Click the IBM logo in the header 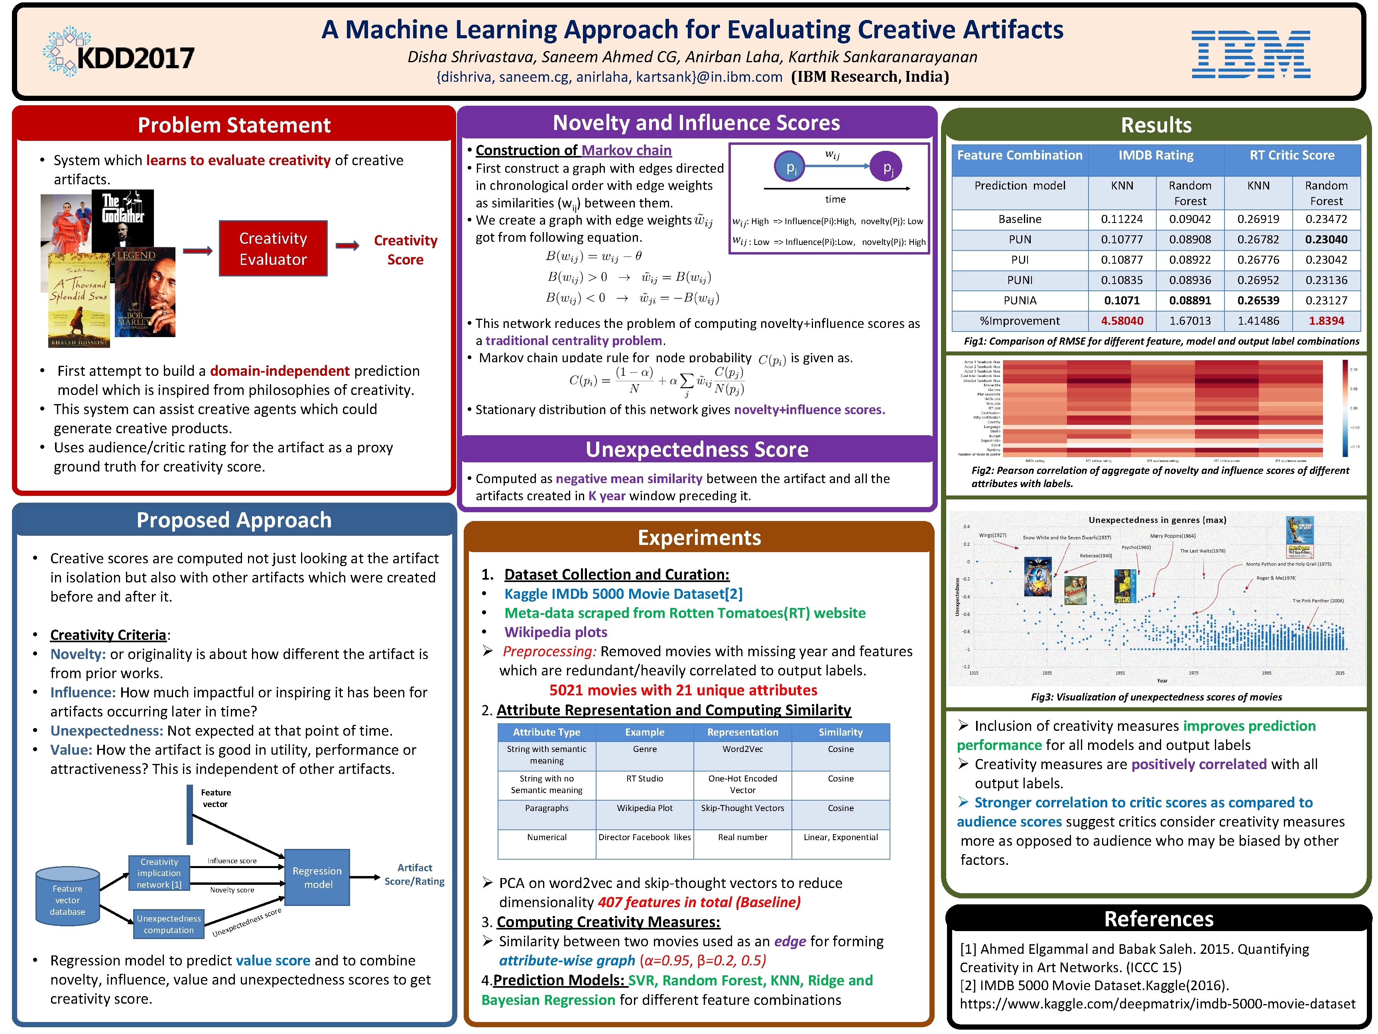[x=1250, y=54]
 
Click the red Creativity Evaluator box [x=273, y=249]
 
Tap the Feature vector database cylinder [x=67, y=900]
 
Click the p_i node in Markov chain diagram [x=790, y=167]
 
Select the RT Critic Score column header [x=1291, y=155]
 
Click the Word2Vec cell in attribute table [x=742, y=749]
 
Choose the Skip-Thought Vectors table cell [x=742, y=808]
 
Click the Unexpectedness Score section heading [x=697, y=449]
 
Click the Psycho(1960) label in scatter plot [x=1136, y=547]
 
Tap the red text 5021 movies [x=682, y=690]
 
